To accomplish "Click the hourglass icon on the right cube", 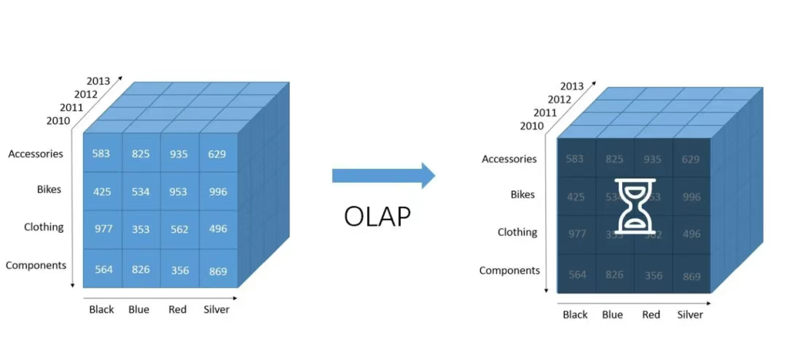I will pyautogui.click(x=635, y=206).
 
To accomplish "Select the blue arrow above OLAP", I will pyautogui.click(x=383, y=175).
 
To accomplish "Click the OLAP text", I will pyautogui.click(x=377, y=216).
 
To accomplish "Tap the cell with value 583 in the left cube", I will pyautogui.click(x=102, y=154).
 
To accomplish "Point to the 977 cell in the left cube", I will pyautogui.click(x=103, y=229).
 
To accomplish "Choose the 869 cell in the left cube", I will pyautogui.click(x=217, y=270).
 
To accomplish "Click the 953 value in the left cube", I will pyautogui.click(x=179, y=192).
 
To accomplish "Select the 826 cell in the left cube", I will pyautogui.click(x=141, y=270).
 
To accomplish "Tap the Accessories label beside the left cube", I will pyautogui.click(x=36, y=154).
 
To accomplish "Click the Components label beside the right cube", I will pyautogui.click(x=509, y=270).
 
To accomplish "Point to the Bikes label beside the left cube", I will pyautogui.click(x=49, y=189).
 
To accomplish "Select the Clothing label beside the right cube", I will pyautogui.click(x=517, y=232).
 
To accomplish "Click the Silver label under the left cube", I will pyautogui.click(x=216, y=310).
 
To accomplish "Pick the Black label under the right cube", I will pyautogui.click(x=575, y=315).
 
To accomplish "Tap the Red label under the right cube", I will pyautogui.click(x=651, y=315).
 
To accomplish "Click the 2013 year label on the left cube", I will pyautogui.click(x=98, y=81).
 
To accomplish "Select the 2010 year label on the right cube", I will pyautogui.click(x=531, y=126).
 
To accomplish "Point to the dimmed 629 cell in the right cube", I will pyautogui.click(x=691, y=160).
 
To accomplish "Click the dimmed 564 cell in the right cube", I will pyautogui.click(x=577, y=275).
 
